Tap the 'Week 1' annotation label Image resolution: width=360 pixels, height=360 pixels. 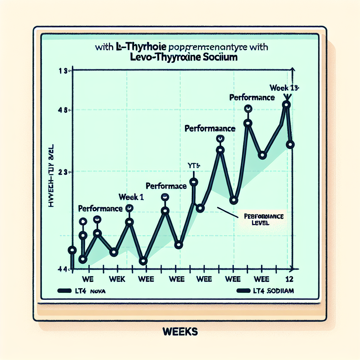click(131, 198)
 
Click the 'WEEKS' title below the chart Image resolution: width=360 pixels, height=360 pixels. click(180, 331)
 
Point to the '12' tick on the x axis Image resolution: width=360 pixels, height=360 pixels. click(290, 279)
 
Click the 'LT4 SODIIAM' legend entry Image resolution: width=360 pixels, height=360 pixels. click(265, 291)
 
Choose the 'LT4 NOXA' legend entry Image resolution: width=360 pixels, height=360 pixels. click(83, 291)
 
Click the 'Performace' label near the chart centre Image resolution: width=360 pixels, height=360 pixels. click(166, 186)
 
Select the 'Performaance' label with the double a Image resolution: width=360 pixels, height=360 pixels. click(210, 129)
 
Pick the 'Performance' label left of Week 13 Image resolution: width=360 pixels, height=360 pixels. click(252, 98)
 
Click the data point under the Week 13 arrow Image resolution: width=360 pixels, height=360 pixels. click(287, 104)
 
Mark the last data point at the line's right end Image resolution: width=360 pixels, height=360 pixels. click(290, 144)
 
